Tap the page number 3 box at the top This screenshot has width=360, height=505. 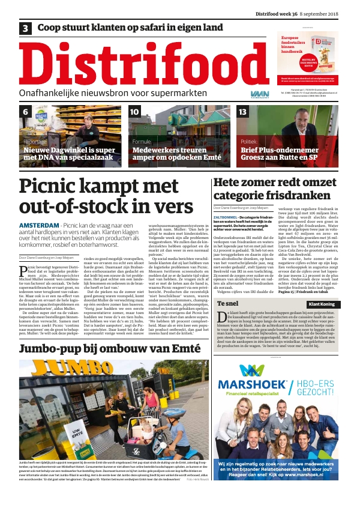26,28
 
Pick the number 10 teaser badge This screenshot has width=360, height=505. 134,112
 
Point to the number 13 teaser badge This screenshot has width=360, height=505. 243,112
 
